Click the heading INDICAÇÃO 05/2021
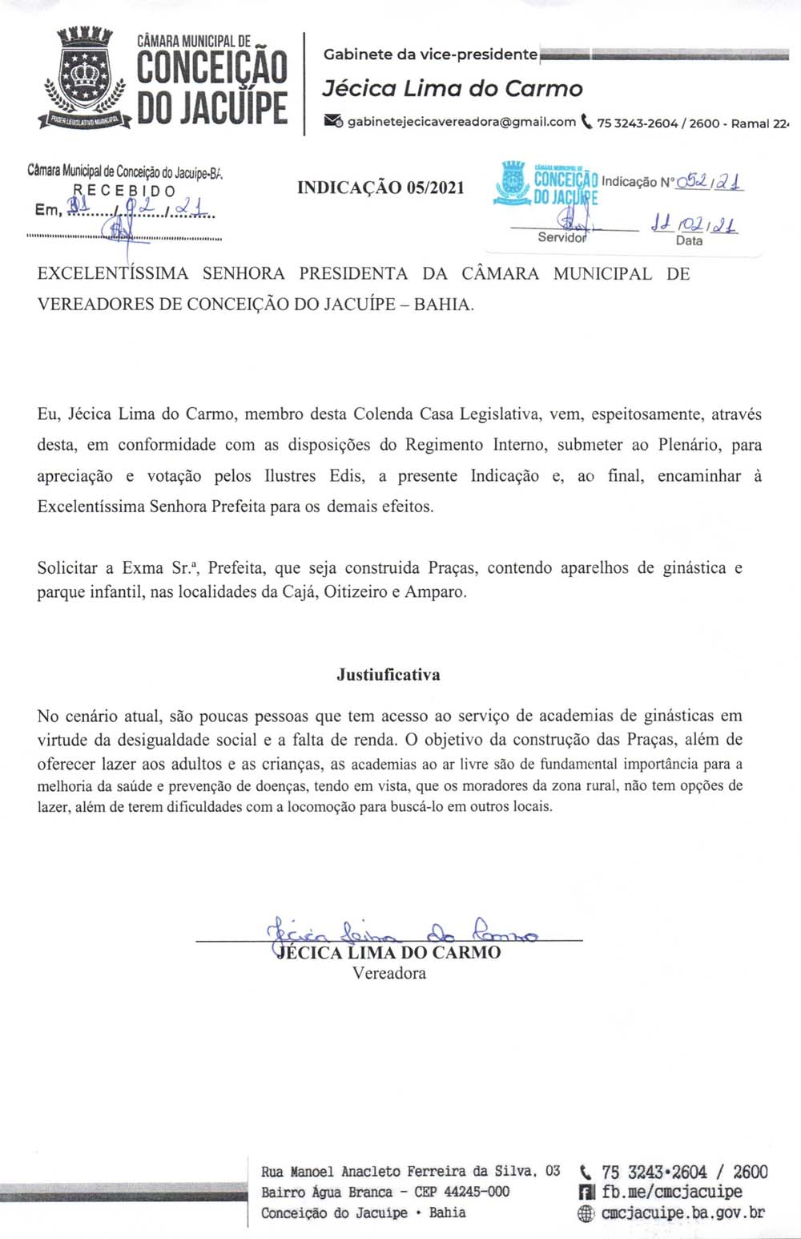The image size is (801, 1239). coord(380,188)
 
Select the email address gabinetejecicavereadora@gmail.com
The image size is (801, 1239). coord(461,122)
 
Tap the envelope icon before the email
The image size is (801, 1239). coord(333,122)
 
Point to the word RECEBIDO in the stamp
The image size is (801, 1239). coord(124,191)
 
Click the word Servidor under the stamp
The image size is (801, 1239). coord(562,237)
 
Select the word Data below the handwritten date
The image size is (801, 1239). coord(689,240)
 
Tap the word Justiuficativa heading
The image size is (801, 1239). coord(388,675)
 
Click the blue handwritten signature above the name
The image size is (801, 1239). coord(400,932)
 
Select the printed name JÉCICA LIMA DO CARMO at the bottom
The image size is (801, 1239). coord(388,953)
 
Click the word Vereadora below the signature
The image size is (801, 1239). coord(389,974)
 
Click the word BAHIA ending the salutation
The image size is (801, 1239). coord(442,305)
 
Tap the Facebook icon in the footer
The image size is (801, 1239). coord(587,1193)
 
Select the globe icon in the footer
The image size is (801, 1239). coord(587,1213)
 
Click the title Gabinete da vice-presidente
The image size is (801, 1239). coord(430,54)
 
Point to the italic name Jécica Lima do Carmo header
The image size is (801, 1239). coord(453,89)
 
